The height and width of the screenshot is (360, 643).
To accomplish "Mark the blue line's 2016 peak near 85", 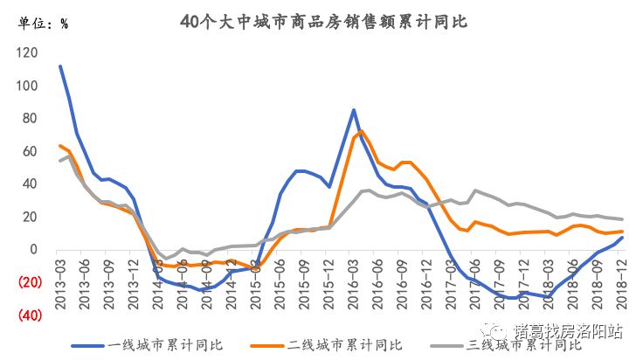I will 353,110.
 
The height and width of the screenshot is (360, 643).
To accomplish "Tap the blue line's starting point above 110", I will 59,66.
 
